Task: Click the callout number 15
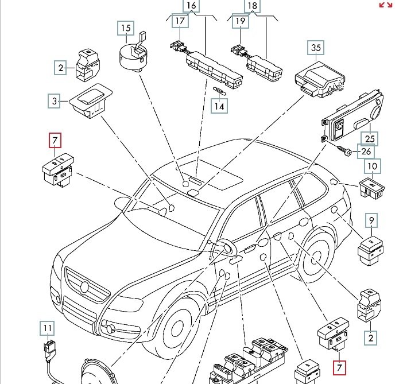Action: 125,28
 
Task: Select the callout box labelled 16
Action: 191,6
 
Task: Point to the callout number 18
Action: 252,6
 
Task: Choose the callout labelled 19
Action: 240,22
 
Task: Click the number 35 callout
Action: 316,48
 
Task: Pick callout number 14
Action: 218,106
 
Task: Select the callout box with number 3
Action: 55,102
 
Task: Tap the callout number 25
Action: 370,138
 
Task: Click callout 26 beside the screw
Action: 366,152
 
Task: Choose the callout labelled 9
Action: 371,220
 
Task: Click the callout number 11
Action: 47,329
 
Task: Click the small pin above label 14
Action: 219,90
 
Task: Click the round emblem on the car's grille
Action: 84,285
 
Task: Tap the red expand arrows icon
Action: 386,5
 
